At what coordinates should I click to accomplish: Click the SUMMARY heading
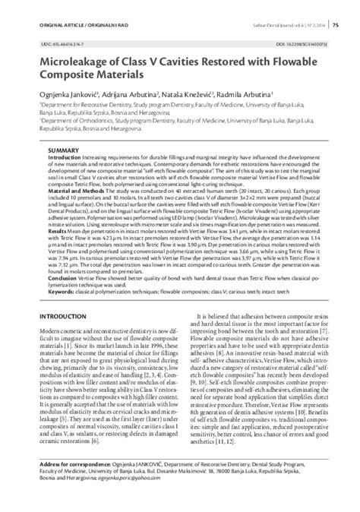click(x=64, y=151)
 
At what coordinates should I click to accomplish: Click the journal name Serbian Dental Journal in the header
click(x=269, y=26)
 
